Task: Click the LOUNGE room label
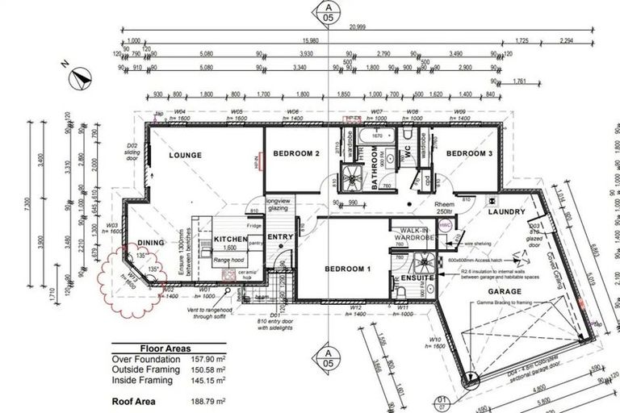click(x=185, y=155)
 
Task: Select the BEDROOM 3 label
click(x=469, y=153)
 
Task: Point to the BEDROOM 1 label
click(x=347, y=269)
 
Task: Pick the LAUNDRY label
click(x=507, y=212)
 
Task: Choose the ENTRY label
click(x=280, y=237)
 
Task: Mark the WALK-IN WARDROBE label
click(x=413, y=233)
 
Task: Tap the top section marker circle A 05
click(x=327, y=11)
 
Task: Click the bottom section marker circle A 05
click(x=327, y=357)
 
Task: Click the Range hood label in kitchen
click(x=228, y=260)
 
